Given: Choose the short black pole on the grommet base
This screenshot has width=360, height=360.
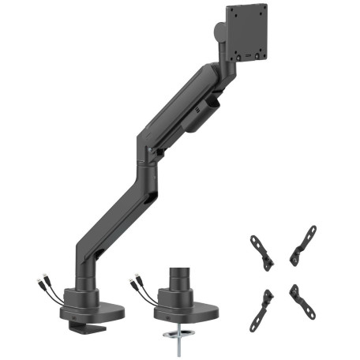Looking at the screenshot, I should [x=178, y=279].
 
